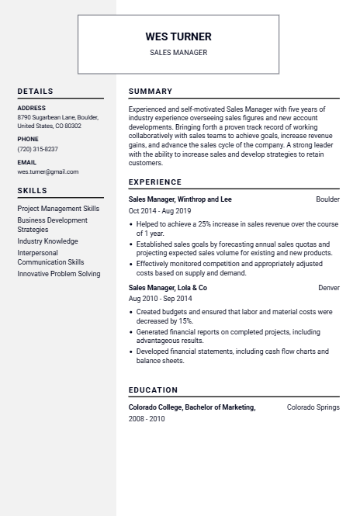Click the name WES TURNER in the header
tap(178, 36)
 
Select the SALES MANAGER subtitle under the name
tap(178, 53)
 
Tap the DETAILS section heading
tap(36, 92)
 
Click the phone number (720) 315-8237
tap(37, 149)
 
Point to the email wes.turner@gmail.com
tap(48, 171)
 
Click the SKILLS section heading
tap(33, 190)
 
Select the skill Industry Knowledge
tap(47, 241)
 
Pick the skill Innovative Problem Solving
tap(59, 274)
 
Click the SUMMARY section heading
tap(151, 92)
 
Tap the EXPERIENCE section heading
tap(155, 182)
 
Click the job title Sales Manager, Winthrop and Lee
tap(180, 199)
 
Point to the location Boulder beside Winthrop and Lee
tap(327, 199)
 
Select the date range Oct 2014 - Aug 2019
tap(160, 211)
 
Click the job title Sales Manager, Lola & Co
tap(168, 288)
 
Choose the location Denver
tap(329, 288)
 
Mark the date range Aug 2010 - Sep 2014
tap(160, 299)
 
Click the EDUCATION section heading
tap(153, 390)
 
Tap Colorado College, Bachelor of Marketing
tap(192, 407)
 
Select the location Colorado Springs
tap(313, 407)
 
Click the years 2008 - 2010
tap(147, 419)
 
